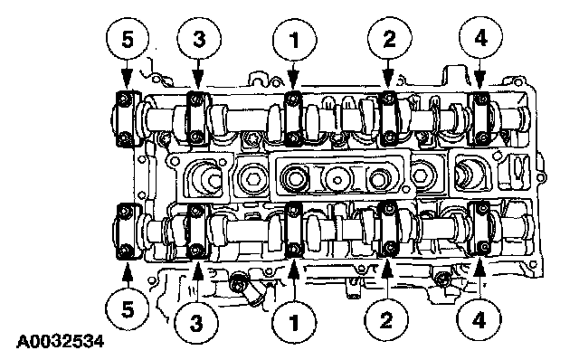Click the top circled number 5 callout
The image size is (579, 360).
[x=128, y=39]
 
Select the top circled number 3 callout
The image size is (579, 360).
[x=199, y=39]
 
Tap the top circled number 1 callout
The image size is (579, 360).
[x=295, y=40]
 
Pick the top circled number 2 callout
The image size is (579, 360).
[x=390, y=38]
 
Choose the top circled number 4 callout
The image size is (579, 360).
[x=480, y=38]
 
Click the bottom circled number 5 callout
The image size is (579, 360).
[x=128, y=309]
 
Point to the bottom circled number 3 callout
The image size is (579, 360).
[x=196, y=322]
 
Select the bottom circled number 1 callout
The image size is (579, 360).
[x=294, y=322]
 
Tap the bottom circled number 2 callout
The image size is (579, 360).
[x=386, y=319]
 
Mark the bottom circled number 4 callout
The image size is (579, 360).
[x=479, y=319]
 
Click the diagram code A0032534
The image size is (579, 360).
[x=61, y=342]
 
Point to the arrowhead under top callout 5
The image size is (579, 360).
[x=127, y=79]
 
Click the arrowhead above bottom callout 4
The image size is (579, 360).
[x=479, y=269]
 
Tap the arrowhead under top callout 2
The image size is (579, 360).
[x=388, y=79]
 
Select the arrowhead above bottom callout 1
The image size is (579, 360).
[x=294, y=269]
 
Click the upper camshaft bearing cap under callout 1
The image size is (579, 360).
[x=293, y=118]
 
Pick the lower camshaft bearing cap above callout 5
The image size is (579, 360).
[x=128, y=231]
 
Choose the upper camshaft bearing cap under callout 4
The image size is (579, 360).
[x=480, y=118]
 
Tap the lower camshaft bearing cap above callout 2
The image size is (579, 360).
[x=389, y=230]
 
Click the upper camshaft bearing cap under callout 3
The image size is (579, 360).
[x=198, y=118]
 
